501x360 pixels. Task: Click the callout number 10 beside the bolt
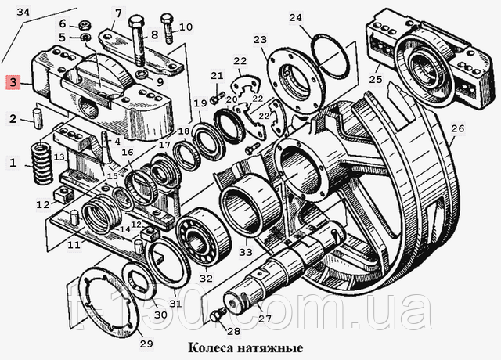click(x=186, y=27)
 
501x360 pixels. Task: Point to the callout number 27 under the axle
click(x=265, y=318)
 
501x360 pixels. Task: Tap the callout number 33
click(x=245, y=252)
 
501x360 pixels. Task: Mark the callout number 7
click(x=118, y=13)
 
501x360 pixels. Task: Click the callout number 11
click(x=73, y=246)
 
